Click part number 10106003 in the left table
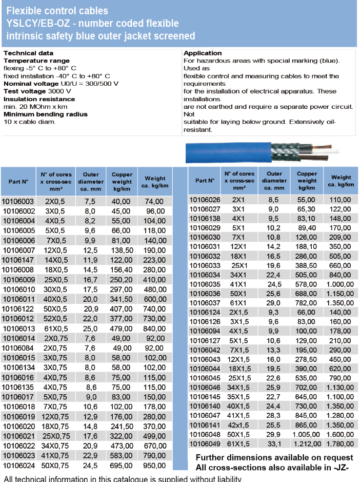click(18, 202)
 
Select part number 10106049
click(205, 444)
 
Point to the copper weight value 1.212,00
click(307, 444)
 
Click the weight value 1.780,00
click(341, 444)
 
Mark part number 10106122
click(18, 310)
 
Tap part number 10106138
click(205, 218)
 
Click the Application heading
click(203, 53)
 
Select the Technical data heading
click(28, 53)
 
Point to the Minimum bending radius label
click(46, 114)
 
